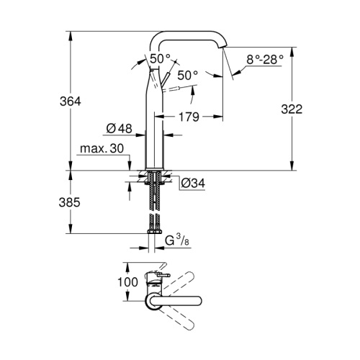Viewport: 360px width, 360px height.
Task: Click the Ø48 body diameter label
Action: coord(120,129)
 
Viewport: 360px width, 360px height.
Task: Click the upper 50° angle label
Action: coord(160,58)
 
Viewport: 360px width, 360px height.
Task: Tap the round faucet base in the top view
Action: coord(153,302)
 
